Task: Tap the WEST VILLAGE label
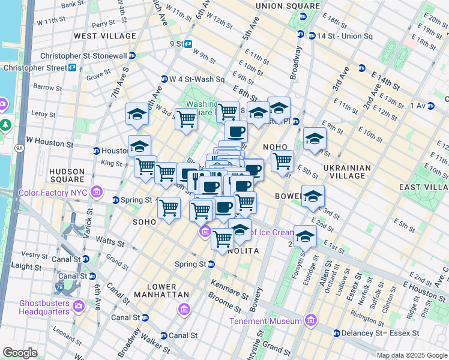(x=105, y=36)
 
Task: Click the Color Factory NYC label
(x=57, y=193)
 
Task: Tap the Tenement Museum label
(x=266, y=321)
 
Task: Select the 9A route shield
(x=19, y=146)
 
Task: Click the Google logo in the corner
(x=20, y=352)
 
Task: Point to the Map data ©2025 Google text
(x=412, y=355)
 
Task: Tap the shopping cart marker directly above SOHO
(x=169, y=208)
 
